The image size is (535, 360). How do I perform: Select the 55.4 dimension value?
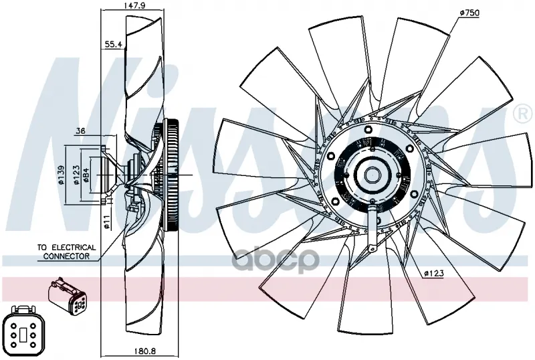113,44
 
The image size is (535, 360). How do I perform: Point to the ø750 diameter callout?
469,13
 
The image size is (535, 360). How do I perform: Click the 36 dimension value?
81,130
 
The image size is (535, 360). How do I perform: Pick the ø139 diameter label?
61,175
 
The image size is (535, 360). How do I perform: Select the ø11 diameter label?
106,221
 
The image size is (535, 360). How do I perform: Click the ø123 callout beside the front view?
433,273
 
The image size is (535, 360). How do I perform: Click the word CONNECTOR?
66,256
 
